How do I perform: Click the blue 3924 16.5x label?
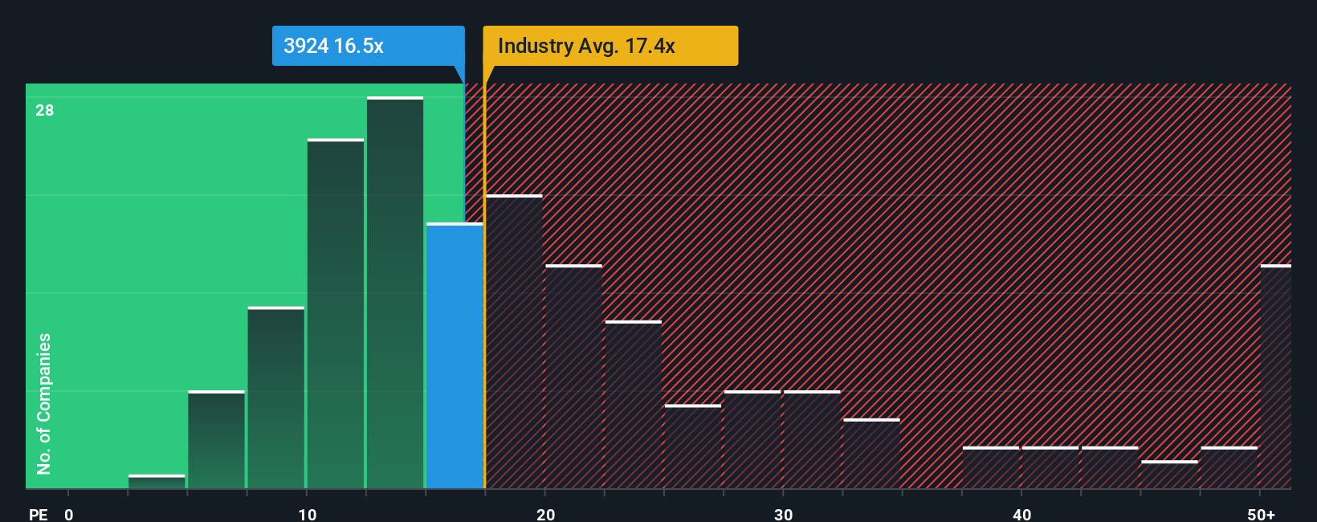[x=368, y=46]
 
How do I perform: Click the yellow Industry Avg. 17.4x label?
[x=610, y=46]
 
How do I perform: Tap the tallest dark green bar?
[x=395, y=293]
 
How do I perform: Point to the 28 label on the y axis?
[x=45, y=111]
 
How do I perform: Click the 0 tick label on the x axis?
[x=69, y=514]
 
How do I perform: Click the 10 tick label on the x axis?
[x=308, y=514]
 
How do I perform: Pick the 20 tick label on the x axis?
[x=545, y=514]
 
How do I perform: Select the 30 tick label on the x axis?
[x=783, y=514]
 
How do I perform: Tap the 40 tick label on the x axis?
[x=1021, y=514]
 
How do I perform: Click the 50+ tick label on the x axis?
[x=1261, y=514]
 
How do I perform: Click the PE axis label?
[x=39, y=514]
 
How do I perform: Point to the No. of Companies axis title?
[x=44, y=403]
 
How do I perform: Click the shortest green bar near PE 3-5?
[x=157, y=482]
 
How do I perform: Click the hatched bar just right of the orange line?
[x=514, y=341]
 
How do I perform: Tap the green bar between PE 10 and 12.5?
[x=336, y=313]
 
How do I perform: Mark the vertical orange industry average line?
[x=484, y=281]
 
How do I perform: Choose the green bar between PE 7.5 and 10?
[x=276, y=398]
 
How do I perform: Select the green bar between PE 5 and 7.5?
[x=216, y=439]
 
